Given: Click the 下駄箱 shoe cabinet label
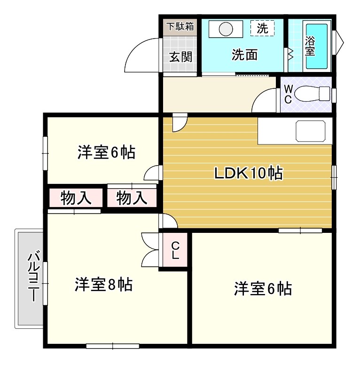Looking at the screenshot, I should (179, 26).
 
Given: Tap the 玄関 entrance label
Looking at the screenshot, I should (180, 57).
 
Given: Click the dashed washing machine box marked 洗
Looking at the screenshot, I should (262, 28).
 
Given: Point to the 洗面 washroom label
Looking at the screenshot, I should (244, 55).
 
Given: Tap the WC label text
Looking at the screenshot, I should (288, 94).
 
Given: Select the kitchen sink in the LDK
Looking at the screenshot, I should (310, 130).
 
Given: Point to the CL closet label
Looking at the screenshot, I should (175, 251).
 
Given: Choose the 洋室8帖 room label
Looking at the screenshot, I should (103, 285).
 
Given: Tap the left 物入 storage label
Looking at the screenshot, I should (75, 199).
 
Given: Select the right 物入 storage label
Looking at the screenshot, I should (131, 199).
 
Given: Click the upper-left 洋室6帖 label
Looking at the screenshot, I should (107, 152).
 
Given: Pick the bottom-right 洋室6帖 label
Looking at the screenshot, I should (263, 288).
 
